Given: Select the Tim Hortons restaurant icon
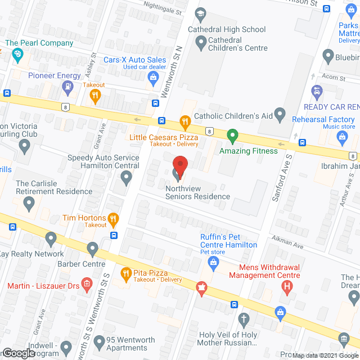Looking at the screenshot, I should (113, 219).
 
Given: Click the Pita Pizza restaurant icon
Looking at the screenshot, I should (125, 273).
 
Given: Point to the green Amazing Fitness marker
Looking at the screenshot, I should (232, 136).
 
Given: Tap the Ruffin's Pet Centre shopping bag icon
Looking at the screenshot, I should (213, 262).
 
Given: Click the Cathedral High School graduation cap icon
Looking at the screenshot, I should (201, 13).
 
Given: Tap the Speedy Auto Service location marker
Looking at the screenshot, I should (127, 179).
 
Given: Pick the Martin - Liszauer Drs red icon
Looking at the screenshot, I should (87, 283).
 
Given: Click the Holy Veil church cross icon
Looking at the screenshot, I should (244, 321).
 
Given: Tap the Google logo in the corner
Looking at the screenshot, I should (18, 353).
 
